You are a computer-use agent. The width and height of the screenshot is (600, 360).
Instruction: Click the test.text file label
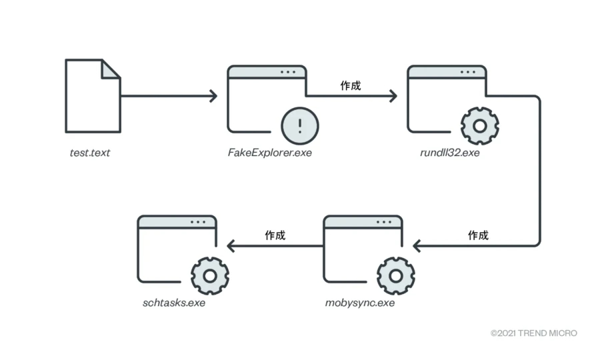90,153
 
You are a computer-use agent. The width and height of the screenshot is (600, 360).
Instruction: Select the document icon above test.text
93,96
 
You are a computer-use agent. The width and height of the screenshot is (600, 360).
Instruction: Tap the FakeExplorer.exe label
269,153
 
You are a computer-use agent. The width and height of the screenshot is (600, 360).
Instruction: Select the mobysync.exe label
360,303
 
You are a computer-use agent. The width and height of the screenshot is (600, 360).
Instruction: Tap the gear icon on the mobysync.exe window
396,274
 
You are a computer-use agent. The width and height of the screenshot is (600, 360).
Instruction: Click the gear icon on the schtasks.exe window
210,274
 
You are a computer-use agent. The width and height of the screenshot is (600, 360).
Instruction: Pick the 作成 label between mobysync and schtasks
275,235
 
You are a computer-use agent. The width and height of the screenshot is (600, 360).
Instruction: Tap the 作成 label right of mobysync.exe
478,235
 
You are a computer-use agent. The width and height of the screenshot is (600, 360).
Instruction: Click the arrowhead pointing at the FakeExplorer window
213,96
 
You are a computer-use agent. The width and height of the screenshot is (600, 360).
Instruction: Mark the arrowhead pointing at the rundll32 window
393,96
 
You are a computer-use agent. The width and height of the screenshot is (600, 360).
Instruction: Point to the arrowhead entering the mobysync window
417,246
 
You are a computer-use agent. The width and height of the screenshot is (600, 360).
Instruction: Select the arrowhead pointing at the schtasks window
231,246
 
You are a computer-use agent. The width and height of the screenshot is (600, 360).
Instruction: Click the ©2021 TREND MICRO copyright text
533,333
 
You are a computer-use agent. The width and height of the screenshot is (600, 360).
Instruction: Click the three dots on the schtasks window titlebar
199,221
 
